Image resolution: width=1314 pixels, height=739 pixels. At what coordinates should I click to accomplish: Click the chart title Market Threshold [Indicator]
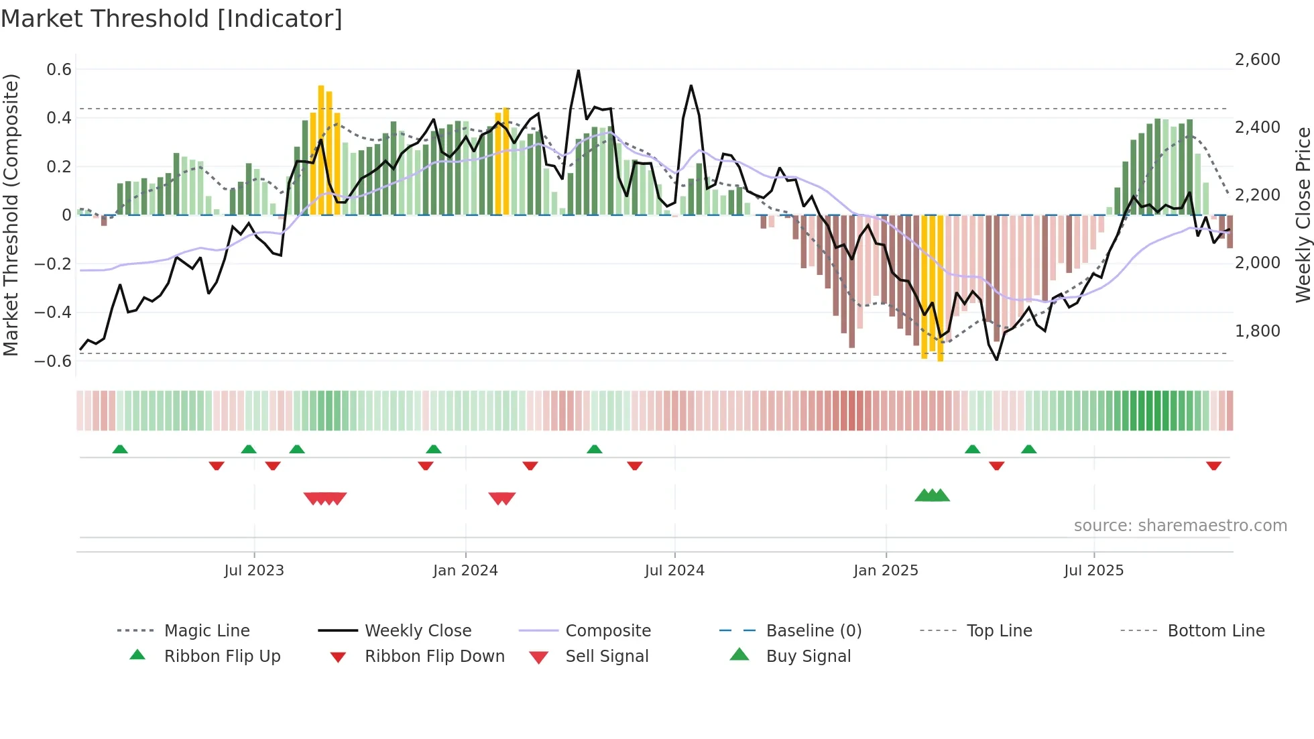pos(172,19)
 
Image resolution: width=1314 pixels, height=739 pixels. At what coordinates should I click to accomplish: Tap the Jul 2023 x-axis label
pos(254,571)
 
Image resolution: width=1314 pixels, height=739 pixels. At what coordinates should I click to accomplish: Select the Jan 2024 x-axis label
pos(465,571)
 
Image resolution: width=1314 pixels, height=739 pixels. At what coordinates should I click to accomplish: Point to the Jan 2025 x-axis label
pos(886,571)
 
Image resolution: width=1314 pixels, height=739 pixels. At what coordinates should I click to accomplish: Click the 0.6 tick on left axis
pos(59,70)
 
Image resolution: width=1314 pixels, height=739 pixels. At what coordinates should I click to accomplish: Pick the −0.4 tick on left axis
pos(53,312)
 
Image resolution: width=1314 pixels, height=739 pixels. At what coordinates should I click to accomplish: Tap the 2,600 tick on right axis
pos(1258,60)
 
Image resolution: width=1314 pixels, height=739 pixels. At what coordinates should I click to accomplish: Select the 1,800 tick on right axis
pos(1258,331)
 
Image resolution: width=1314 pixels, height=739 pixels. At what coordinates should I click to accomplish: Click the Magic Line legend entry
pos(206,631)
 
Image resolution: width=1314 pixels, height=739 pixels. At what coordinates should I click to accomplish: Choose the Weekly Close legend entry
pos(418,631)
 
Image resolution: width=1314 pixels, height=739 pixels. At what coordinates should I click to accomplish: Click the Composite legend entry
pos(608,631)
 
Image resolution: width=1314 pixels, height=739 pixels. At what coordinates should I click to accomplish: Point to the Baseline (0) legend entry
pos(813,631)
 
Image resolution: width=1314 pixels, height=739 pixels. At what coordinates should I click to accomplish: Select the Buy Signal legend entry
pos(808,657)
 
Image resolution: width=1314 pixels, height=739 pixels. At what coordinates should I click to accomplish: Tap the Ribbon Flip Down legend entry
pos(434,657)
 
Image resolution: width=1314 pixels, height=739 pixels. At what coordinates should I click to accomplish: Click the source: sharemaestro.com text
pos(1180,526)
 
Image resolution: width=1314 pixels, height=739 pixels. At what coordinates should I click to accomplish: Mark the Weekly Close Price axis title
pos(1303,215)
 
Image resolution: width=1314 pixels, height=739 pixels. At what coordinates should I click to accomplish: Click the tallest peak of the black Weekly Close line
pos(579,71)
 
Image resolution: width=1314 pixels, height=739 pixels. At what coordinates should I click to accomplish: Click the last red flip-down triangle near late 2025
pos(1213,465)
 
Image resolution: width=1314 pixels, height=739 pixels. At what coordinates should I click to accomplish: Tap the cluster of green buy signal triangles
pos(933,496)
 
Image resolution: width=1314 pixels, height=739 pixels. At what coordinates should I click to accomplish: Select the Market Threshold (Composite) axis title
pos(11,215)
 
